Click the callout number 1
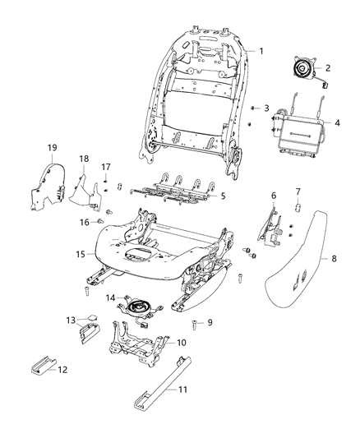tap(262, 51)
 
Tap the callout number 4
tap(337, 124)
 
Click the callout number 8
tap(334, 258)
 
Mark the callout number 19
tap(105, 168)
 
